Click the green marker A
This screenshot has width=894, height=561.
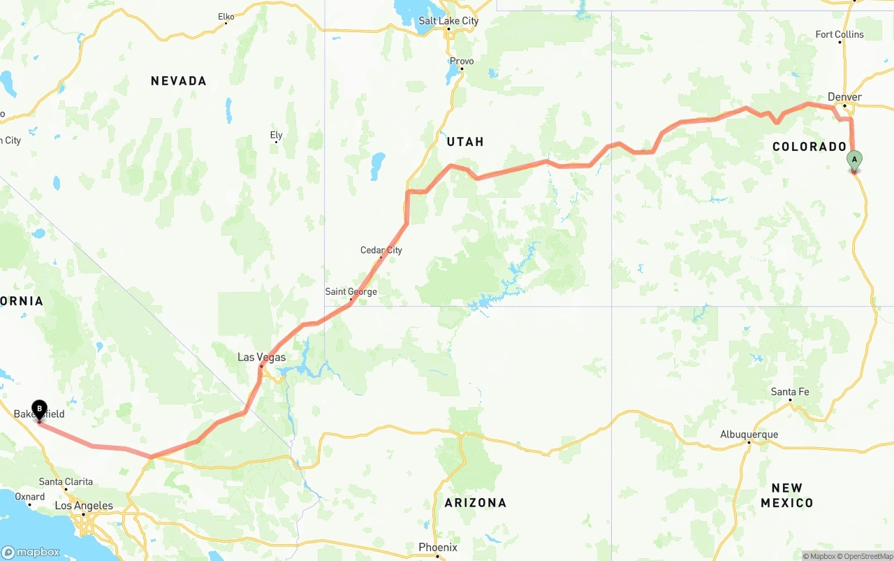853,160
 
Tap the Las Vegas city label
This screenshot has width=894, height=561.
261,357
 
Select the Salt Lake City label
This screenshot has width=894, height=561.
448,21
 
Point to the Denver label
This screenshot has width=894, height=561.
844,97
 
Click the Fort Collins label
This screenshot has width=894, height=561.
840,34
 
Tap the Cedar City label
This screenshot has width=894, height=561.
381,250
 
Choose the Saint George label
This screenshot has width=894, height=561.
351,292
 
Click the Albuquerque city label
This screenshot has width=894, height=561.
749,435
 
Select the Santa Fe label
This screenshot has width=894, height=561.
790,392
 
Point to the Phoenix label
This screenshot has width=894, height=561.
438,547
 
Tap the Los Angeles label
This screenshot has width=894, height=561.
84,506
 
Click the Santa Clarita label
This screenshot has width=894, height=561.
66,481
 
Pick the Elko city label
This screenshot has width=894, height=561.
226,16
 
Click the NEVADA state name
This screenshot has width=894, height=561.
179,81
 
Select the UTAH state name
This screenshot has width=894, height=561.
465,142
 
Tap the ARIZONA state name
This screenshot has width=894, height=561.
476,502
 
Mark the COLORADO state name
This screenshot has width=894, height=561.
809,147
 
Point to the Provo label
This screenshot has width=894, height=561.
461,61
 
